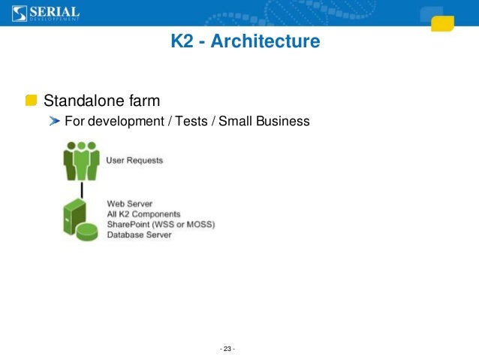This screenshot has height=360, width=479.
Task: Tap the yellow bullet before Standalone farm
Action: (31, 101)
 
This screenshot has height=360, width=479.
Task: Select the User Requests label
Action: (134, 160)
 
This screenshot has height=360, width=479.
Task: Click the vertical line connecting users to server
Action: (81, 190)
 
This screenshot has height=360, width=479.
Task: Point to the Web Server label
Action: (130, 203)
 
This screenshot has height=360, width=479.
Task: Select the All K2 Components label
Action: (144, 213)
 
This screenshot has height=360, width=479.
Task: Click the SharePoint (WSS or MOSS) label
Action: (161, 224)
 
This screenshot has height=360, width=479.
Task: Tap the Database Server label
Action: (139, 234)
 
